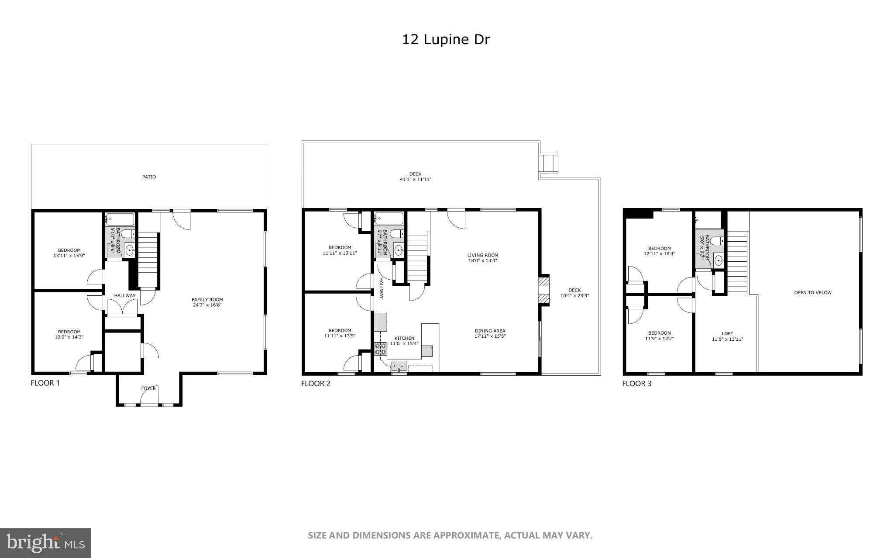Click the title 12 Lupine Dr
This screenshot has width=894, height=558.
446,40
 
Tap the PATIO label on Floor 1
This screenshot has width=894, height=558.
149,177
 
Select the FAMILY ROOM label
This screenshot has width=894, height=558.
207,300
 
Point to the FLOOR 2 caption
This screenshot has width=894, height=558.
316,383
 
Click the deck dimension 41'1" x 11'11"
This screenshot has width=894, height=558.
416,179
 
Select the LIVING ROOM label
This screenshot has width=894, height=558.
482,255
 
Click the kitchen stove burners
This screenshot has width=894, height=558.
380,349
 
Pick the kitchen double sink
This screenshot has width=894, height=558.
399,366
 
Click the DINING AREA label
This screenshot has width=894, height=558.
490,331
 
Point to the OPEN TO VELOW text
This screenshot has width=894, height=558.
812,292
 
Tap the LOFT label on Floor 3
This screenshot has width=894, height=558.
727,333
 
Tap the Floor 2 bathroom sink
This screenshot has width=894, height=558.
398,250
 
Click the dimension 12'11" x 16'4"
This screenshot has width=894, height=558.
659,253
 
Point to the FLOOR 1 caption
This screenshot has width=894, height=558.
45,383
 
